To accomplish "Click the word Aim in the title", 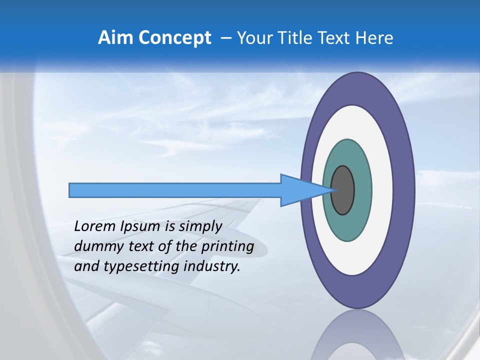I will click(116, 38).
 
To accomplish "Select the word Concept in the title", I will click(174, 38).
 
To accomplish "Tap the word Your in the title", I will click(253, 38).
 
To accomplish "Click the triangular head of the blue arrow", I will click(300, 190).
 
